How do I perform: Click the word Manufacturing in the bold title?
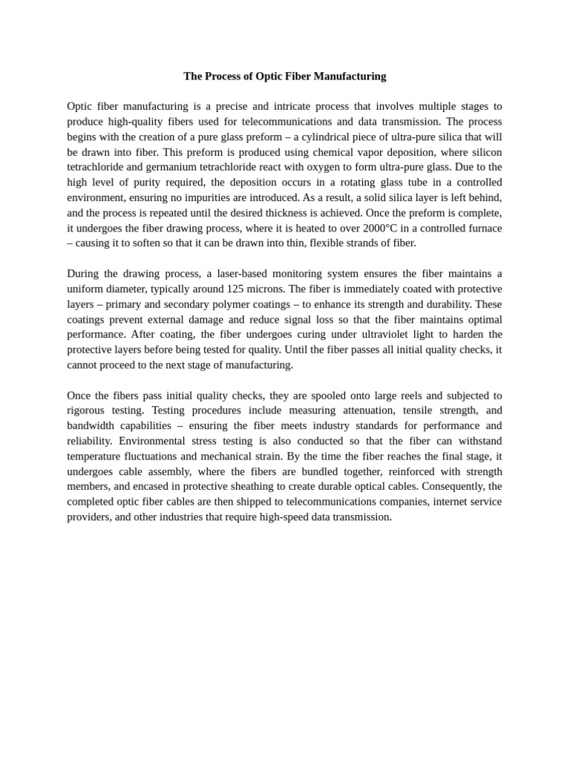click(350, 76)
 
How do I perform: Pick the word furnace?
click(481, 228)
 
